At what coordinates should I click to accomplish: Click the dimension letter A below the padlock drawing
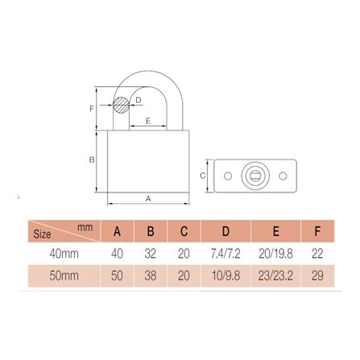[147, 198]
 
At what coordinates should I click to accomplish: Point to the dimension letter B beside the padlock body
[93, 160]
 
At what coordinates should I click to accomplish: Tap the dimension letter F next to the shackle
[93, 108]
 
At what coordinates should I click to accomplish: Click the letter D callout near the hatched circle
[139, 100]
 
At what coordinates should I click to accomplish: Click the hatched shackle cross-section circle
[122, 105]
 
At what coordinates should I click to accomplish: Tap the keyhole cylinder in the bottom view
[256, 175]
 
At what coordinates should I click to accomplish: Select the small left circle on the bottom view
[227, 175]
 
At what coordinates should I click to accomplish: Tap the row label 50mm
[64, 275]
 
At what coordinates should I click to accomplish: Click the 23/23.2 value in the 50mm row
[275, 275]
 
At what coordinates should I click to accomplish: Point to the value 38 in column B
[150, 275]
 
